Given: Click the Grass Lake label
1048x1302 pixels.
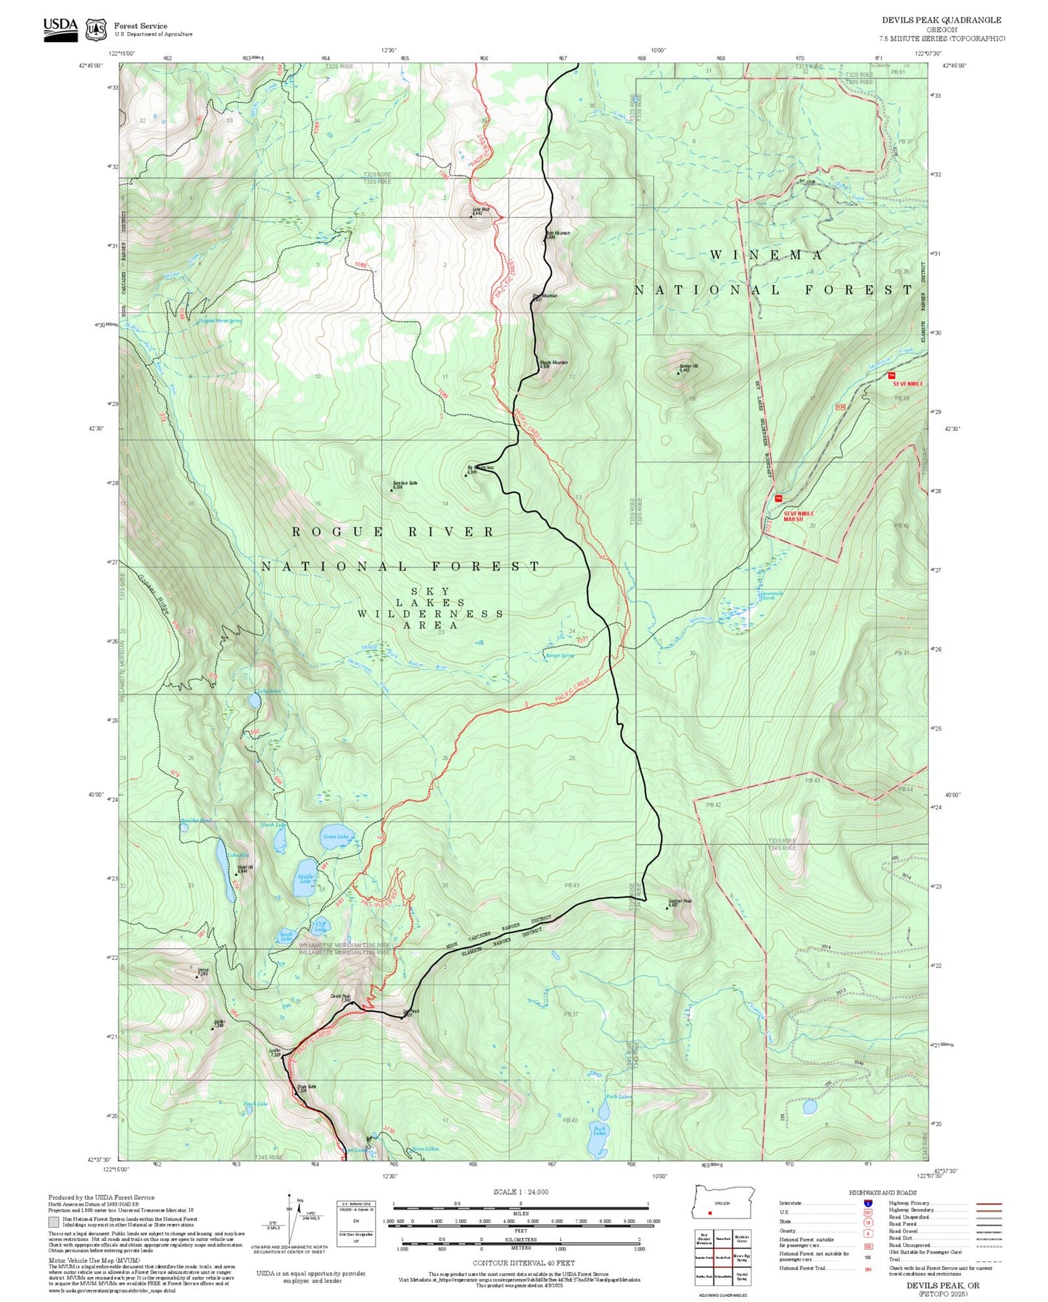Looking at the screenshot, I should (336, 836).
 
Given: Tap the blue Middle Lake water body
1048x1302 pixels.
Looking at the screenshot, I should (305, 878).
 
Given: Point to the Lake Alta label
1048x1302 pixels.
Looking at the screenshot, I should (238, 855).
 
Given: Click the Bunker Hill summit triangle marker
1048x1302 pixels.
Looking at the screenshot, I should (678, 373).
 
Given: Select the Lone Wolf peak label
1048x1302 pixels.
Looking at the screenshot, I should (481, 210).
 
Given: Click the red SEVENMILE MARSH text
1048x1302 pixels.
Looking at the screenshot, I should (799, 516).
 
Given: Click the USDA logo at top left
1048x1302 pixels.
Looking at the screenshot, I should (60, 29).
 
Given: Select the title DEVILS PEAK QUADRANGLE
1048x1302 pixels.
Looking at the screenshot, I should (941, 20).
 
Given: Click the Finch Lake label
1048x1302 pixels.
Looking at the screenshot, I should (255, 1104).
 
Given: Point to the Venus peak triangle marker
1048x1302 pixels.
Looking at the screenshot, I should (197, 977).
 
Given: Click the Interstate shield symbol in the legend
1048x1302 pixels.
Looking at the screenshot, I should (867, 1203).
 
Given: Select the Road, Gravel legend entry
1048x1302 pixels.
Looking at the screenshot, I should (905, 1232).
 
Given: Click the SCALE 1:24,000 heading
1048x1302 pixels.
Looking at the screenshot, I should (521, 1192).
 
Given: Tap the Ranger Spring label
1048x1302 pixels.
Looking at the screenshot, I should (559, 655).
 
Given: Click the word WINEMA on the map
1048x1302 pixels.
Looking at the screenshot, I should (766, 255).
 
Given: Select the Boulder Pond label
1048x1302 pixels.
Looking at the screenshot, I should (196, 821).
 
